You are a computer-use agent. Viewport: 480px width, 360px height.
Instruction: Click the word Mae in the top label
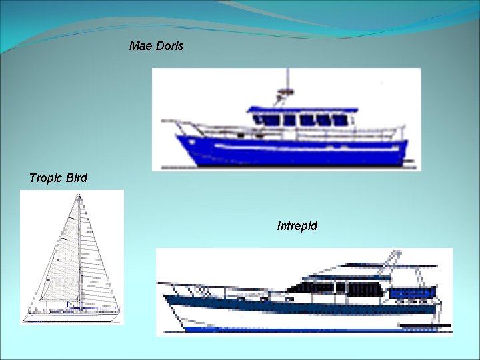coord(141,47)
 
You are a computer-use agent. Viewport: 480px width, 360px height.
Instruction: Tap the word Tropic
coord(47,179)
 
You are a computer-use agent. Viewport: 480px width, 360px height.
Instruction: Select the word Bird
coord(76,178)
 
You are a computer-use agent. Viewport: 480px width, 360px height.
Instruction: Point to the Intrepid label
coord(297,226)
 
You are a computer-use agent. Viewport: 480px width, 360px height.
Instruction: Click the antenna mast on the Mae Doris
coord(288,83)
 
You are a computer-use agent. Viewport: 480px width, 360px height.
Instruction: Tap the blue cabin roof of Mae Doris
coord(300,109)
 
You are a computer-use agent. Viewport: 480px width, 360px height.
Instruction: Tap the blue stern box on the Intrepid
coord(412,293)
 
